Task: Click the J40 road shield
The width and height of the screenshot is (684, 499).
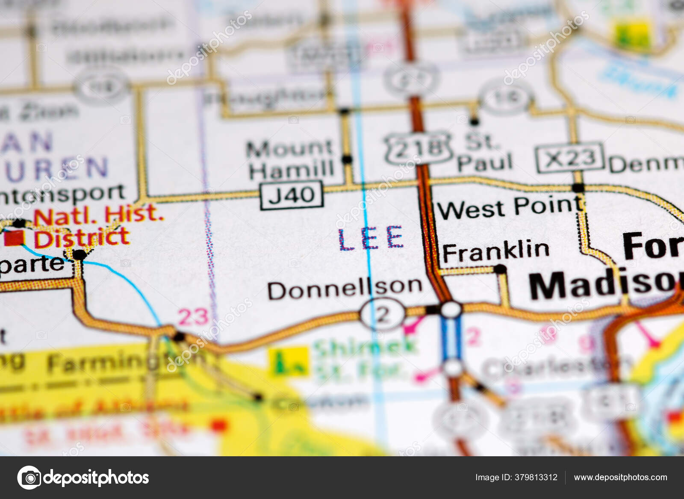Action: click(x=292, y=195)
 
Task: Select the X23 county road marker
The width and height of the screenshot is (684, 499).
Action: click(x=570, y=158)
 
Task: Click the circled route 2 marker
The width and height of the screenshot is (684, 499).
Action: click(x=382, y=315)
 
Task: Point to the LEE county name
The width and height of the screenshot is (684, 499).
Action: click(x=371, y=239)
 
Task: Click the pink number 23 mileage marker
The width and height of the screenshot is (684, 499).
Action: click(x=193, y=317)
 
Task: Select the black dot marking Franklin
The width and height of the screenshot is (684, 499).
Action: click(x=500, y=269)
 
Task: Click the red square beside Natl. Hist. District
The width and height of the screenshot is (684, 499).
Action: click(x=15, y=238)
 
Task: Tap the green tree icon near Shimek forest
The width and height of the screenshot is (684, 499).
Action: click(x=289, y=361)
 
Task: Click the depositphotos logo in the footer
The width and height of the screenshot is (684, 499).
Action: click(x=83, y=477)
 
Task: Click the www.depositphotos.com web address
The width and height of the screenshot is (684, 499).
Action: click(x=620, y=477)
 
